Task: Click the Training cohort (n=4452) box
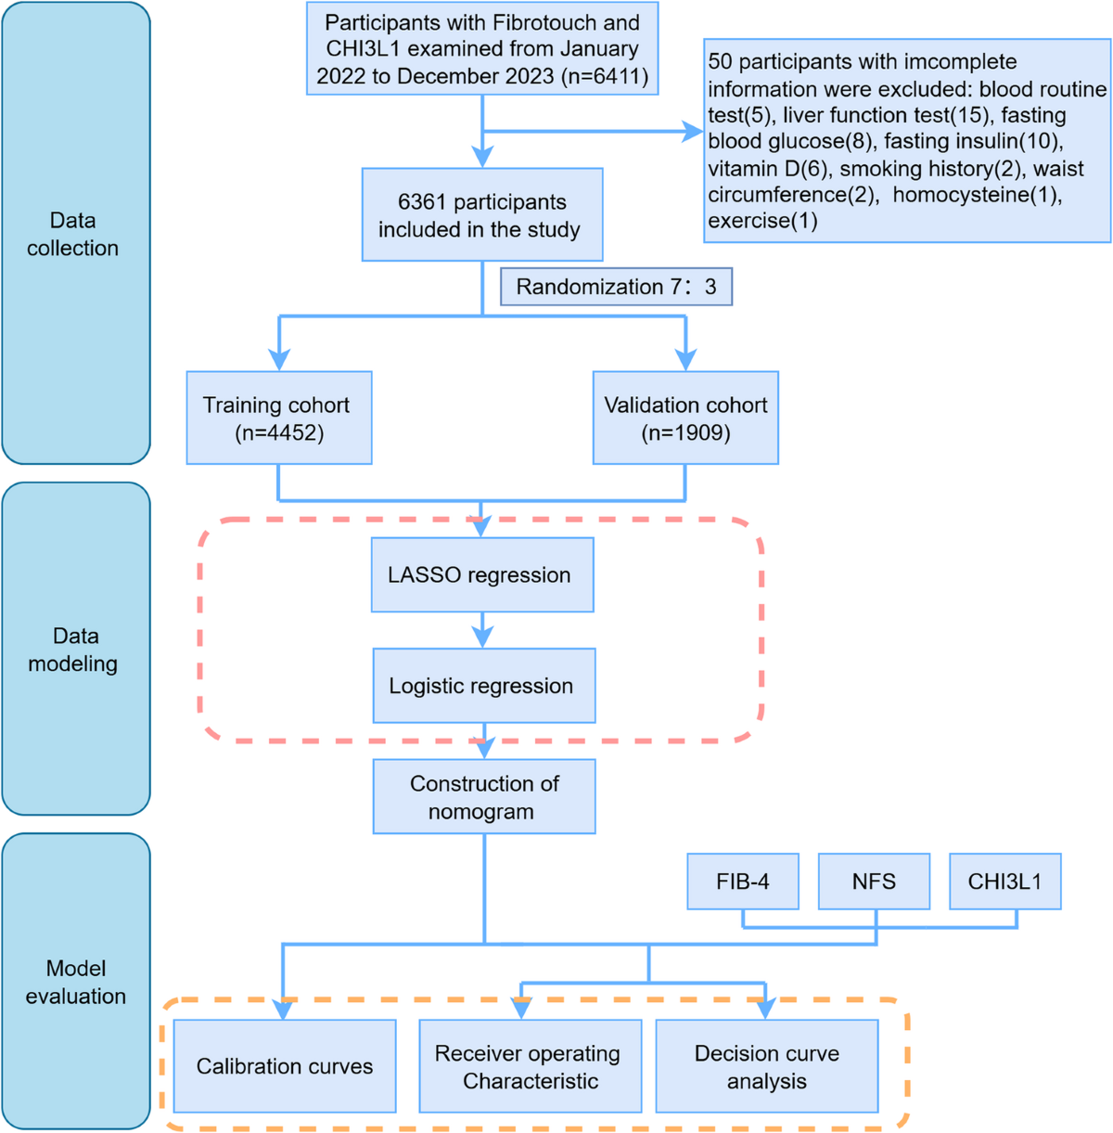click(x=279, y=418)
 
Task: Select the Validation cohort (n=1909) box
click(x=685, y=418)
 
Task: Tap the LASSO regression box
click(x=482, y=574)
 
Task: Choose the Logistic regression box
click(x=484, y=686)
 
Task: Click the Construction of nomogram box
click(x=484, y=797)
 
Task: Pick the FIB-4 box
click(x=743, y=882)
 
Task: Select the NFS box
click(x=874, y=882)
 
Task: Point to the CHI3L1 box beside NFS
click(x=1004, y=882)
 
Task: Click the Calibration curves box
click(x=285, y=1066)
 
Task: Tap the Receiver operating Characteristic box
click(x=530, y=1066)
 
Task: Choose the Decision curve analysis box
click(x=767, y=1066)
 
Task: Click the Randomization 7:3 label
click(x=616, y=287)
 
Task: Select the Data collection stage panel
click(x=76, y=233)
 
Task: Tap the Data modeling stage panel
click(x=76, y=649)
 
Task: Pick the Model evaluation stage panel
click(x=76, y=982)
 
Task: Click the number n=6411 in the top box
click(x=605, y=76)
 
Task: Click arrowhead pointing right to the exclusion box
click(x=693, y=131)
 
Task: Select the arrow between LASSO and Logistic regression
click(x=482, y=630)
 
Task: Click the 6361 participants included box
click(x=482, y=214)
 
